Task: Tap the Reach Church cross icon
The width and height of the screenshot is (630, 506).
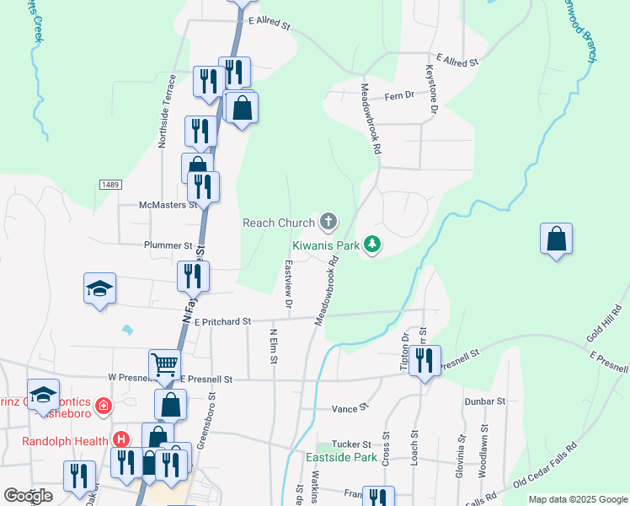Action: click(x=328, y=223)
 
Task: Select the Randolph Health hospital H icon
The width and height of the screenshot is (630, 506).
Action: click(x=121, y=440)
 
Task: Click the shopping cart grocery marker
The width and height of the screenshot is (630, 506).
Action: click(x=164, y=365)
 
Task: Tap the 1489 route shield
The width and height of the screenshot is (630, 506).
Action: click(x=109, y=184)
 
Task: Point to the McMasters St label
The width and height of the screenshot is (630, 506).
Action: click(x=168, y=205)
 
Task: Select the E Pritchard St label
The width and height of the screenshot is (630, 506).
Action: click(x=222, y=321)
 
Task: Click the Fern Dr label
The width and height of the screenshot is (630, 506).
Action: click(x=401, y=95)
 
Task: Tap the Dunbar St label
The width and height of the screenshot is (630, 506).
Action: click(x=486, y=402)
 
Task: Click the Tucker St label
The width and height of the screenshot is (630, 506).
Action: click(x=355, y=444)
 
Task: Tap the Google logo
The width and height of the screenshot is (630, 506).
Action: click(x=29, y=496)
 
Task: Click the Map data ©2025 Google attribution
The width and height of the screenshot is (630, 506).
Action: click(x=576, y=499)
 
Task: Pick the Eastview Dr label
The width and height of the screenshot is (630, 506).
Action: click(x=288, y=282)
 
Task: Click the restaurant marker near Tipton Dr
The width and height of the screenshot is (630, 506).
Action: click(x=424, y=360)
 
